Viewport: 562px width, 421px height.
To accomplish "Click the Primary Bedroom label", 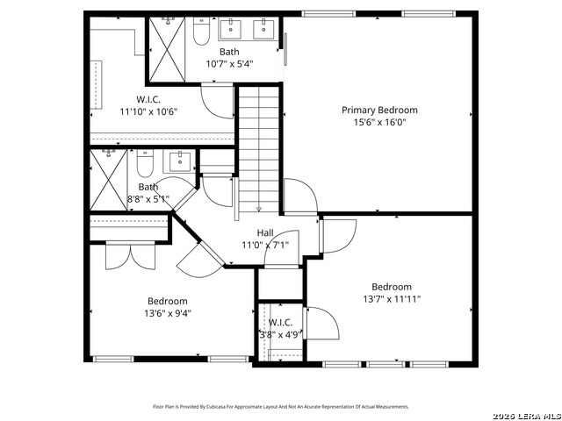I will click(379, 111).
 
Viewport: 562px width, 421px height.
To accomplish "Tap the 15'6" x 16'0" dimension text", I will click(379, 123).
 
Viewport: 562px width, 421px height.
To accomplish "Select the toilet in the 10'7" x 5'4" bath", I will click(200, 33).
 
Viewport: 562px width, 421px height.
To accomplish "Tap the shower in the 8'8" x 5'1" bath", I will click(109, 179).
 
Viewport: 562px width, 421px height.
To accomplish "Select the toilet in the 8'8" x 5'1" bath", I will click(146, 163).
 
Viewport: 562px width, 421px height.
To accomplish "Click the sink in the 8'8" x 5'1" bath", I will click(181, 161).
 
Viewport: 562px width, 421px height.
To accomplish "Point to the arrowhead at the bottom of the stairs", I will click(258, 210).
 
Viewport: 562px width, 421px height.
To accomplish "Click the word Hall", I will click(265, 232).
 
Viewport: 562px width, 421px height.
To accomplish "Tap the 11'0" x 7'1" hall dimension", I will click(265, 245).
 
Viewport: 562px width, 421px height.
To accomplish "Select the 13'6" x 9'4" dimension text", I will click(167, 312).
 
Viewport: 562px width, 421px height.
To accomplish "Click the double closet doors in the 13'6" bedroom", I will click(129, 255).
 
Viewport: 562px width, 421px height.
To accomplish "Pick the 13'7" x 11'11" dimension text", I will click(392, 299).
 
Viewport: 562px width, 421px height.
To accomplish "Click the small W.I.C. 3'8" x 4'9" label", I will click(281, 322).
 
